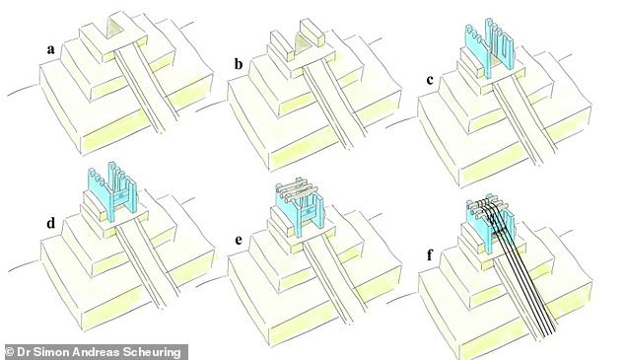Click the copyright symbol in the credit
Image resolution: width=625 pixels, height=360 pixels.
pyautogui.click(x=11, y=350)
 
